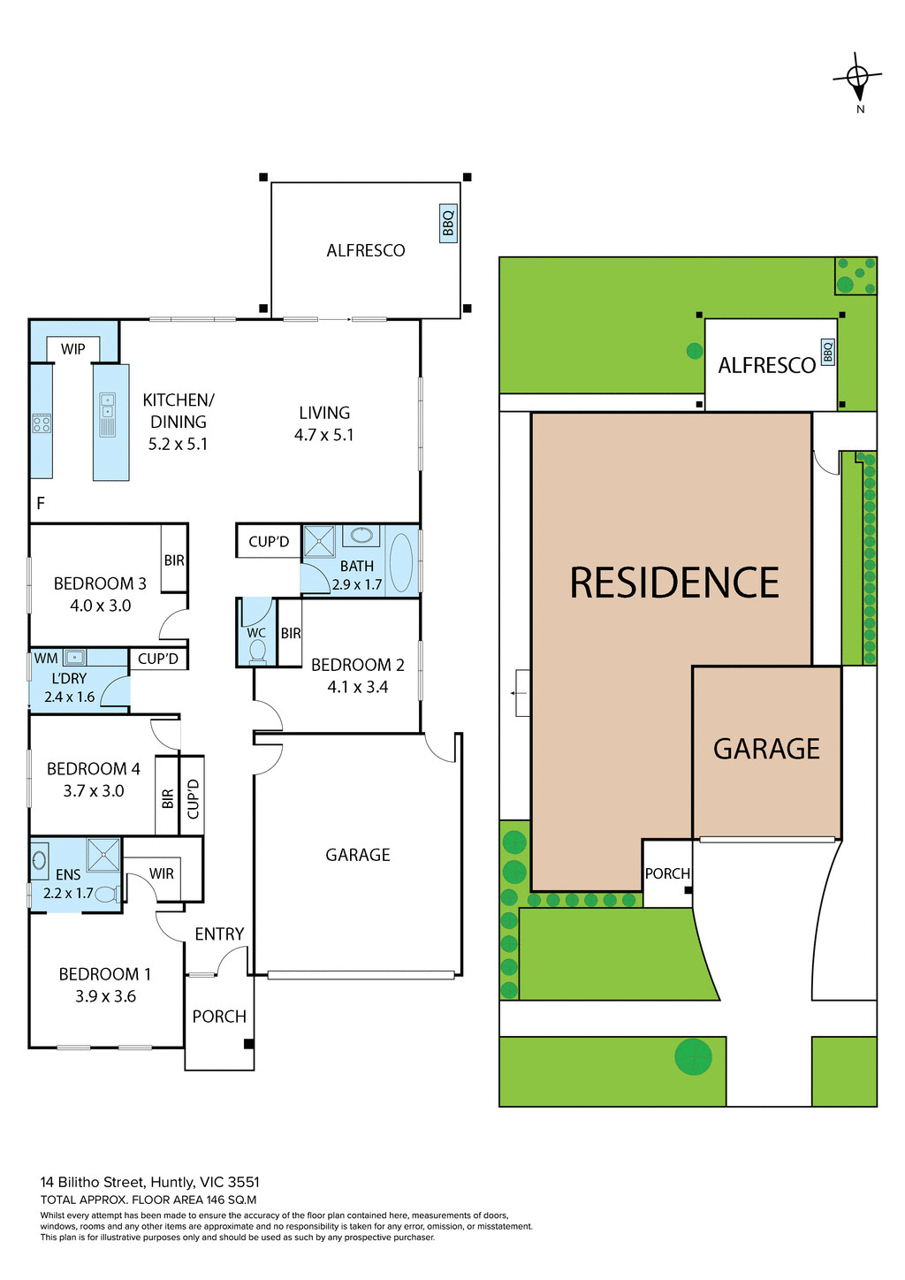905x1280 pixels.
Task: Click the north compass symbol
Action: [857, 80]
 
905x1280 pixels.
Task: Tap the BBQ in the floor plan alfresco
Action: [448, 224]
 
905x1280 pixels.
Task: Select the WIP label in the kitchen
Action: [73, 349]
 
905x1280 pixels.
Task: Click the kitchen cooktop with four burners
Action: [42, 423]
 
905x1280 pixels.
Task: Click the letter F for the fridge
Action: [41, 504]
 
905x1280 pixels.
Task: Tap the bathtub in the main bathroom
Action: [400, 562]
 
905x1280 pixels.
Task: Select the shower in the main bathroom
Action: [319, 542]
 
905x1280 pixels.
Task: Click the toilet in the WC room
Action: [257, 651]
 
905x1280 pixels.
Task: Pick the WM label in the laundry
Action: [46, 659]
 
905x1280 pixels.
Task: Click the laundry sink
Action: [74, 657]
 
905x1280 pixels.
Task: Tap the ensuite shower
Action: [103, 855]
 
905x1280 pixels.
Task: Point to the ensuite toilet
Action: [106, 894]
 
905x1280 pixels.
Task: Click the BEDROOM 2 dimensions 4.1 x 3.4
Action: [357, 687]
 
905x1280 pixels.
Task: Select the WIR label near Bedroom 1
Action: [162, 873]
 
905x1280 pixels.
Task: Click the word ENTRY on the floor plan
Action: [219, 933]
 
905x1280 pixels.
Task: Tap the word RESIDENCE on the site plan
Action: [674, 583]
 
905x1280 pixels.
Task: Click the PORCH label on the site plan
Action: [667, 873]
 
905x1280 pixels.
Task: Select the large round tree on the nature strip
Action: [693, 1056]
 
